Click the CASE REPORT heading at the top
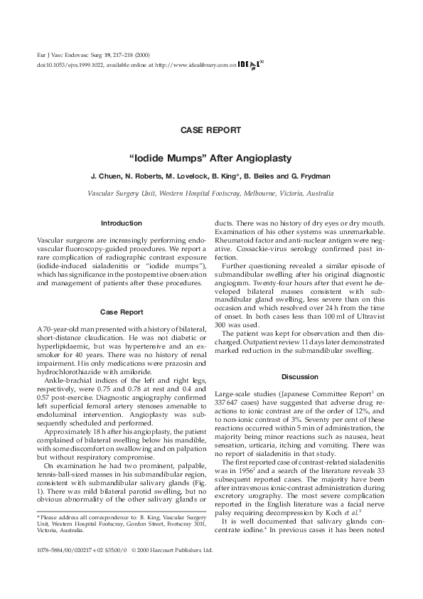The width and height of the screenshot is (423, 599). (x=211, y=130)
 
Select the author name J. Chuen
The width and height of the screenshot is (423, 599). (x=106, y=175)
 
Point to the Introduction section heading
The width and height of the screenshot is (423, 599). (x=122, y=223)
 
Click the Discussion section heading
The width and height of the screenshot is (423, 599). (x=301, y=376)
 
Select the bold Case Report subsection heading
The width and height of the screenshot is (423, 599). (x=122, y=312)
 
